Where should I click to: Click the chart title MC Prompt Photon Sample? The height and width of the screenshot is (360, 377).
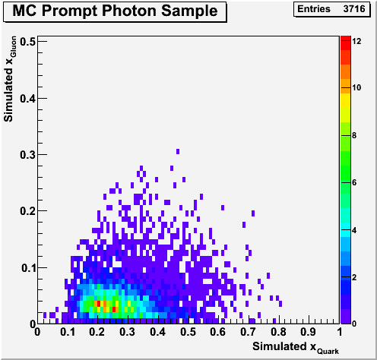[x=115, y=11]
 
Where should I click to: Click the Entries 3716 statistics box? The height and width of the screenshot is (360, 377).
[x=331, y=9]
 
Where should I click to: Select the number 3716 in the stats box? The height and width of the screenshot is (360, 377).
[x=354, y=9]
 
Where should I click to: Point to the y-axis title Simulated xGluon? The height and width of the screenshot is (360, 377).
[x=10, y=79]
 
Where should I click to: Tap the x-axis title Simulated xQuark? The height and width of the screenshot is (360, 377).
[x=296, y=347]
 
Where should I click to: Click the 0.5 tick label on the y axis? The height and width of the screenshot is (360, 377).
[x=28, y=42]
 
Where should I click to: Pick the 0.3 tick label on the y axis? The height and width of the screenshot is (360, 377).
[x=28, y=155]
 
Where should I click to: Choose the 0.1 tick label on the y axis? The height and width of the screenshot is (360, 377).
[x=28, y=268]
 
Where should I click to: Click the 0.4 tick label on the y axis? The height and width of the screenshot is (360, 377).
[x=28, y=99]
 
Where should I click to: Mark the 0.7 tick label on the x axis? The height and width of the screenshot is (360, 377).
[x=249, y=332]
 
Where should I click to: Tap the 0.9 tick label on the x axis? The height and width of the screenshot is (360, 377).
[x=309, y=332]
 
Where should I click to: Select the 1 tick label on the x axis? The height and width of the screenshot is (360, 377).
[x=340, y=332]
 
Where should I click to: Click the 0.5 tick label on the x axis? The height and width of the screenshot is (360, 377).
[x=188, y=332]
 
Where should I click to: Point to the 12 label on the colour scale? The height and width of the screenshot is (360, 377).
[x=356, y=41]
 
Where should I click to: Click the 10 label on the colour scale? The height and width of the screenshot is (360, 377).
[x=356, y=88]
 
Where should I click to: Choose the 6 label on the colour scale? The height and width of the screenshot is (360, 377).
[x=354, y=182]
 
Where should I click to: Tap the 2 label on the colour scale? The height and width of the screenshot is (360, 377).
[x=354, y=277]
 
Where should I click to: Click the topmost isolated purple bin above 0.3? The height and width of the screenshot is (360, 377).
[x=178, y=151]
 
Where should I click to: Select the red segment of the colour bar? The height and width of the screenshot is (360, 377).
[x=346, y=43]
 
